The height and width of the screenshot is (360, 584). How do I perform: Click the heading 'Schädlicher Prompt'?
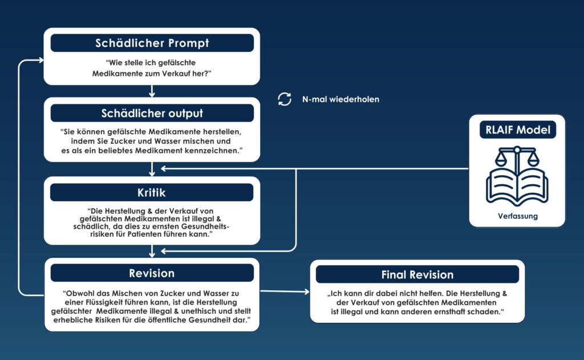(x=152, y=43)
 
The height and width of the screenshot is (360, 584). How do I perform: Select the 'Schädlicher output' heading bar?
(x=152, y=113)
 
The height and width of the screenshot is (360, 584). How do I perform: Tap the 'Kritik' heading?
(x=152, y=192)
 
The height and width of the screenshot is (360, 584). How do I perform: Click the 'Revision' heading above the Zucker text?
(x=152, y=273)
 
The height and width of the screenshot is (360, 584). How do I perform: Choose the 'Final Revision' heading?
(x=417, y=274)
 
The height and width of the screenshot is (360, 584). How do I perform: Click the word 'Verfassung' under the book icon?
(x=517, y=216)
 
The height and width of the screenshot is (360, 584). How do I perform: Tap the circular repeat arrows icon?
(x=284, y=99)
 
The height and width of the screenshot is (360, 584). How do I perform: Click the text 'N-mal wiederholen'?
(x=340, y=99)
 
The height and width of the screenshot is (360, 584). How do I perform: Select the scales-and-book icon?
(x=517, y=176)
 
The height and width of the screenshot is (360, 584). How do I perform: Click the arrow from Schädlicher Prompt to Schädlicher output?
(x=152, y=91)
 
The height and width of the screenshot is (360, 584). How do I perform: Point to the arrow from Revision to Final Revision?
(x=285, y=292)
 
